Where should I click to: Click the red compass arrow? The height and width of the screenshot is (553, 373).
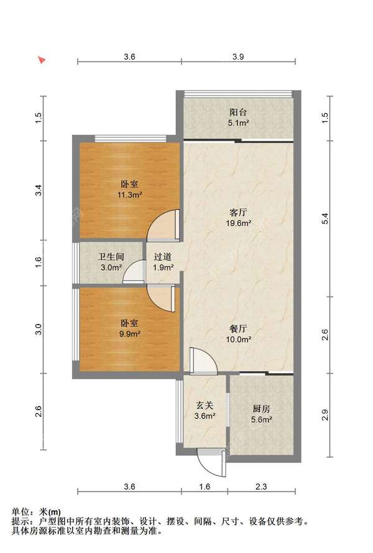[x=42, y=60]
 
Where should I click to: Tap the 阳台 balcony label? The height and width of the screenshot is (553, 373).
[x=238, y=112]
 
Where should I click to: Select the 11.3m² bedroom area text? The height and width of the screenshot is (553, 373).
[x=130, y=194]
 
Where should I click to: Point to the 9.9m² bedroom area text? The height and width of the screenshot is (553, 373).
[x=130, y=334]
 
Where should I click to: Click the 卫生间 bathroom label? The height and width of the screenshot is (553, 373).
[x=111, y=257]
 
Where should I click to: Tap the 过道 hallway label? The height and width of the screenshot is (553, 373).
[x=163, y=257]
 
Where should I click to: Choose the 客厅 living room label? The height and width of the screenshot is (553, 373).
[x=238, y=213]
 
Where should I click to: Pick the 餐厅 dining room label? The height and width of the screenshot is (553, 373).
[x=238, y=329]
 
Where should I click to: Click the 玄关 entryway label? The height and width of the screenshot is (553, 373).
[x=205, y=405]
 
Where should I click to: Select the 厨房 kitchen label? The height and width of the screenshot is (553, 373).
[x=261, y=409]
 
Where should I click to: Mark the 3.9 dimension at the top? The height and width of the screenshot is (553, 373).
[x=238, y=56]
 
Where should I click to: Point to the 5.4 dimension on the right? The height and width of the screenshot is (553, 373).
[x=325, y=218]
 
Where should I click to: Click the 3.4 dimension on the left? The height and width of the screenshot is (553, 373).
[x=39, y=191]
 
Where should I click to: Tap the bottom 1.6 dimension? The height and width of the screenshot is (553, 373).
[x=205, y=487]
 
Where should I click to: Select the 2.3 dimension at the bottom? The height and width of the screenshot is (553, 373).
[x=261, y=487]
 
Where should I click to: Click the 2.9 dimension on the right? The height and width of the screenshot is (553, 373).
[x=325, y=415]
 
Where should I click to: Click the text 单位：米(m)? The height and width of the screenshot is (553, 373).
[x=36, y=512]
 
